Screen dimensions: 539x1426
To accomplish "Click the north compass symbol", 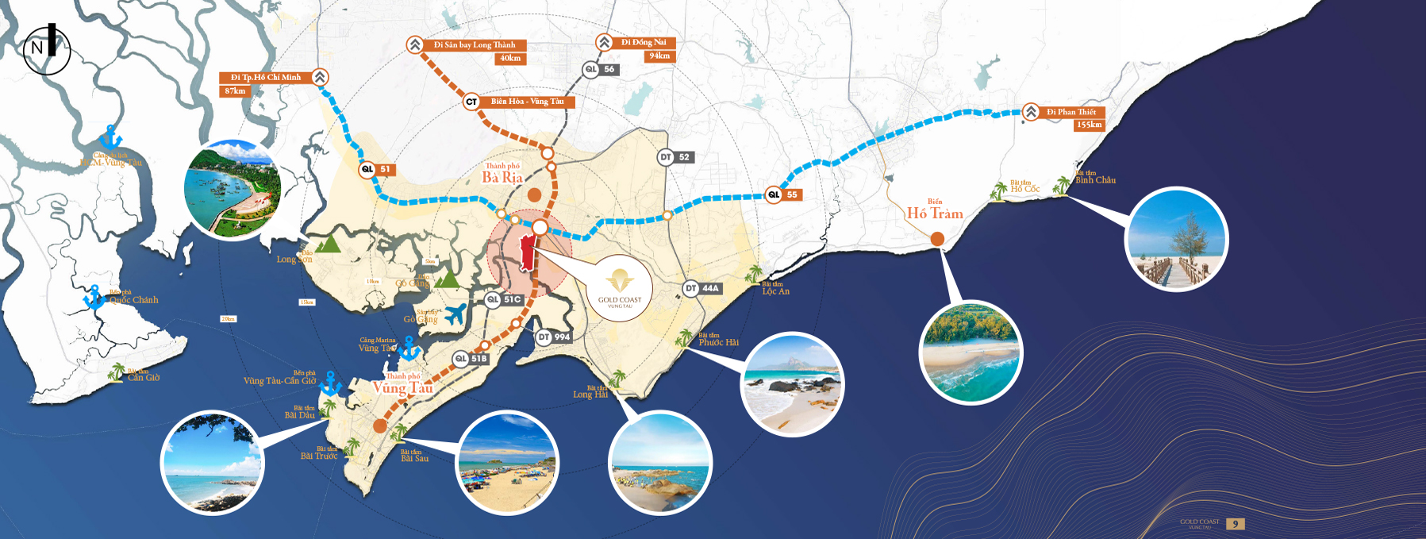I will [46, 49].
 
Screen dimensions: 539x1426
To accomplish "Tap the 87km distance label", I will [235, 91].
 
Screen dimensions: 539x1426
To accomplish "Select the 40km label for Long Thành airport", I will [510, 59].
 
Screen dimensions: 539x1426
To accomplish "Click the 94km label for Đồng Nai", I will [659, 56].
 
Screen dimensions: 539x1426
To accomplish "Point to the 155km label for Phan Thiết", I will [1089, 125].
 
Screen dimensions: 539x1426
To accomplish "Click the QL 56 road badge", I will [601, 70].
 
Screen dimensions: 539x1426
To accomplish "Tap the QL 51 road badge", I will [376, 169].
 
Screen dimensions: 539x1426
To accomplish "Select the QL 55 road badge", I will [782, 194].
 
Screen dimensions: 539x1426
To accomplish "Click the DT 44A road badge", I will [702, 289].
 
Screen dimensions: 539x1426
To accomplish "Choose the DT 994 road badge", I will [554, 337].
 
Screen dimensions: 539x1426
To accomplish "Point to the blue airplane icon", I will [455, 314].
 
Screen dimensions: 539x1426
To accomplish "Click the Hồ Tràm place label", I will [935, 213].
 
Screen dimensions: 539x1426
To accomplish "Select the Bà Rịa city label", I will [502, 177].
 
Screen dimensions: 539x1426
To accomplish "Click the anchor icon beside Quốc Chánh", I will [94, 297].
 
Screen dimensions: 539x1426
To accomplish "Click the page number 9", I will [1235, 524].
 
